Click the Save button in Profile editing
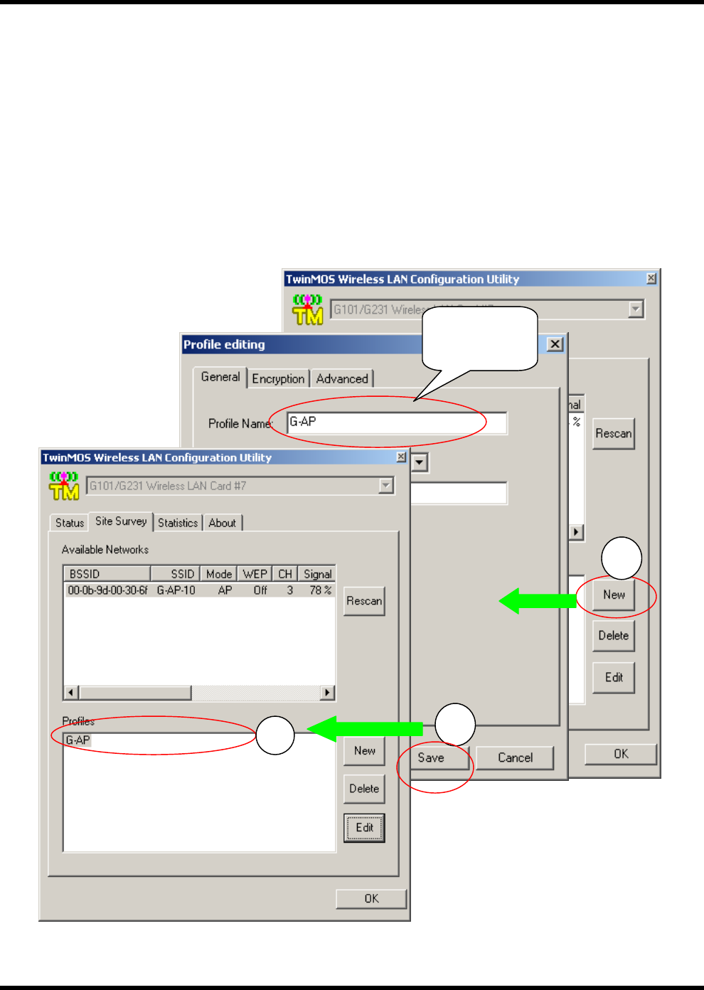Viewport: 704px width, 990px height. click(432, 757)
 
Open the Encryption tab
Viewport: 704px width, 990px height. click(278, 378)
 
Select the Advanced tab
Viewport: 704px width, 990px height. click(342, 378)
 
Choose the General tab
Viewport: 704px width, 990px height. click(220, 377)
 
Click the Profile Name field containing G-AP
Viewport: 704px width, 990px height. click(397, 422)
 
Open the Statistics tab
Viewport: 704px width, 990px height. click(178, 523)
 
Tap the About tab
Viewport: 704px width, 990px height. click(222, 523)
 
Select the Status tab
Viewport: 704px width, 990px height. click(70, 523)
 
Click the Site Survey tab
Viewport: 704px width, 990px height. click(121, 521)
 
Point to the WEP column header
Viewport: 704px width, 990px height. click(255, 574)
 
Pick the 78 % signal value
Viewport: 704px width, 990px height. click(320, 590)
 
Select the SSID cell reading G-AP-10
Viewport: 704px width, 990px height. click(176, 590)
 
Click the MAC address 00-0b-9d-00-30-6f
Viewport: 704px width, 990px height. click(107, 590)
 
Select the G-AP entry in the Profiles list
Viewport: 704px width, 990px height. click(78, 740)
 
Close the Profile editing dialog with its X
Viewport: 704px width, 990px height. click(555, 344)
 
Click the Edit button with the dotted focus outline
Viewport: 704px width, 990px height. click(364, 828)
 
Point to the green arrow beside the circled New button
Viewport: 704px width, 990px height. click(538, 601)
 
